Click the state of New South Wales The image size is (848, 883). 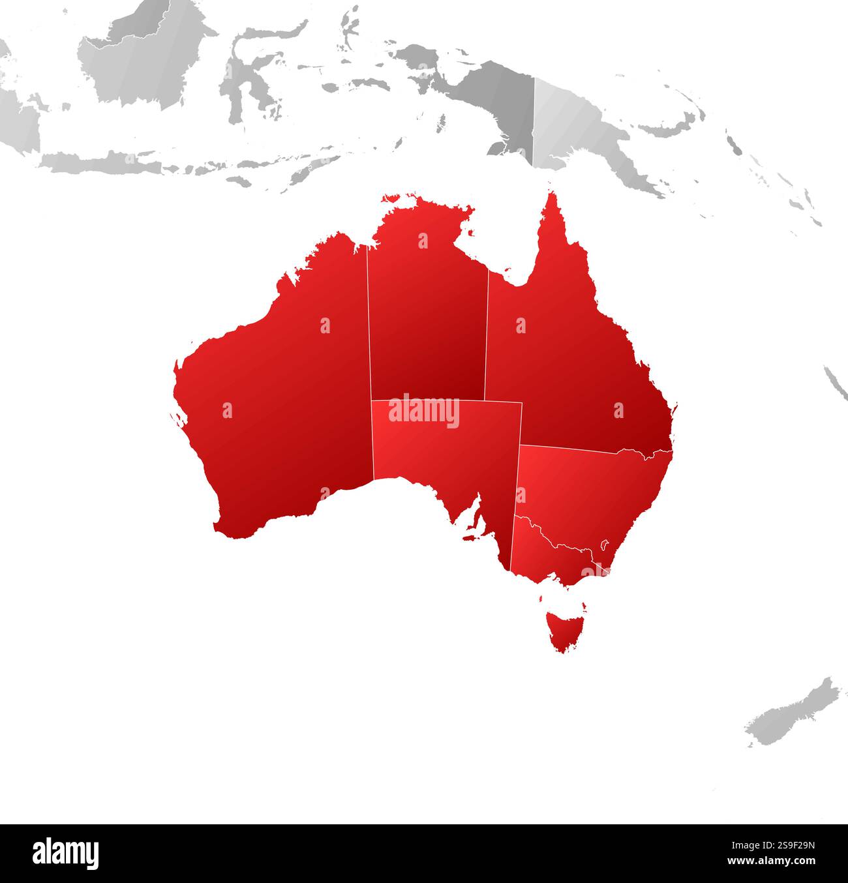(x=587, y=489)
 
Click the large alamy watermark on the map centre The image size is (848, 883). (x=424, y=411)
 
